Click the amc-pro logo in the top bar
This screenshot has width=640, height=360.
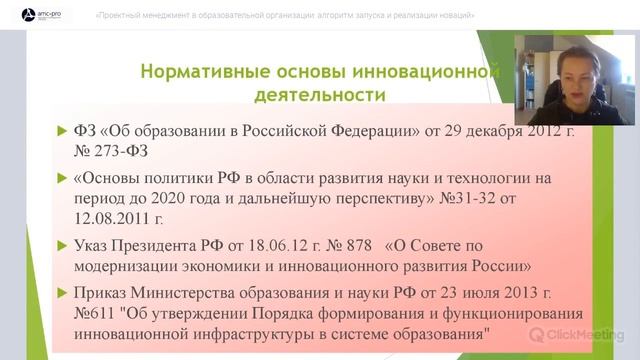coord(37,15)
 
